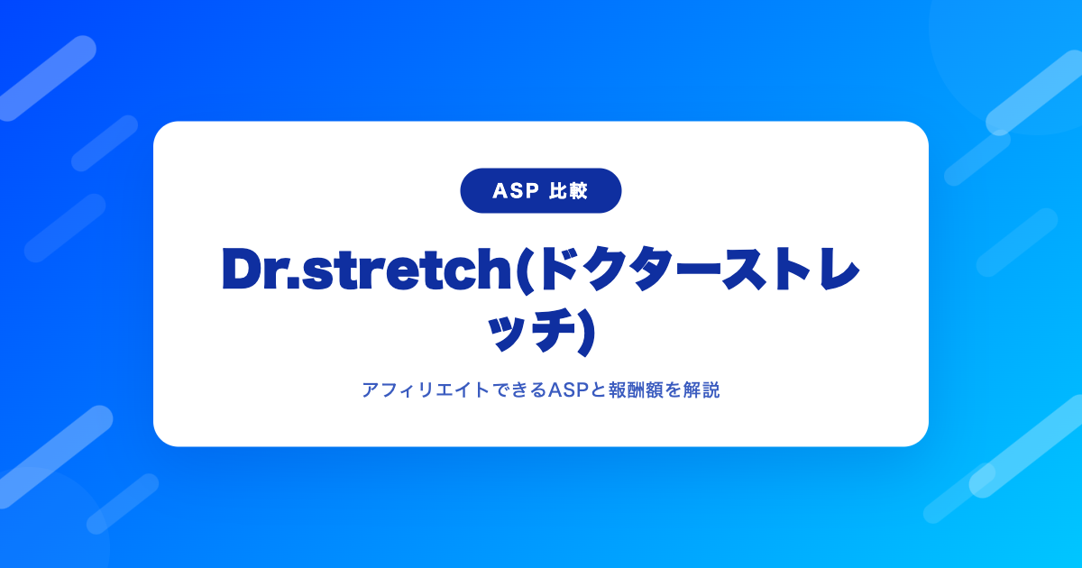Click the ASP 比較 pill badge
pyautogui.click(x=540, y=191)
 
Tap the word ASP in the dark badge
pyautogui.click(x=516, y=191)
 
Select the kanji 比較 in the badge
pyautogui.click(x=568, y=191)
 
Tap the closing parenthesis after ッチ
pyautogui.click(x=585, y=333)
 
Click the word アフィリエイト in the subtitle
pyautogui.click(x=426, y=389)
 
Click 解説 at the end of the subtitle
pyautogui.click(x=701, y=389)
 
